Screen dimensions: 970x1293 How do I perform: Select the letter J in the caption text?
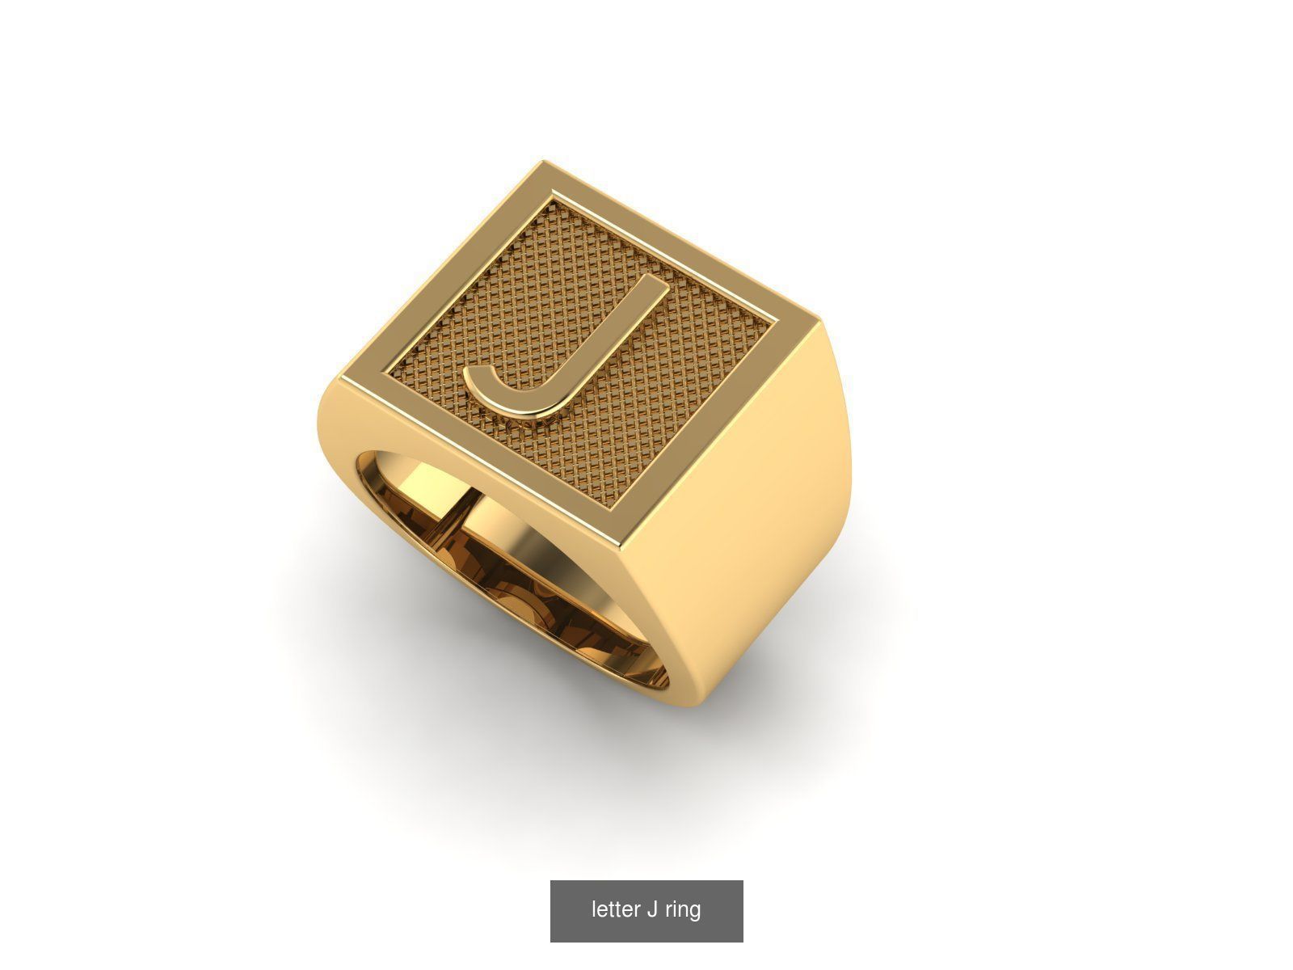651,909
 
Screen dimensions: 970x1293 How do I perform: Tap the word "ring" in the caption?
683,909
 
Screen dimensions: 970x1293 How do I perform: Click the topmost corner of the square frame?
540,164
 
